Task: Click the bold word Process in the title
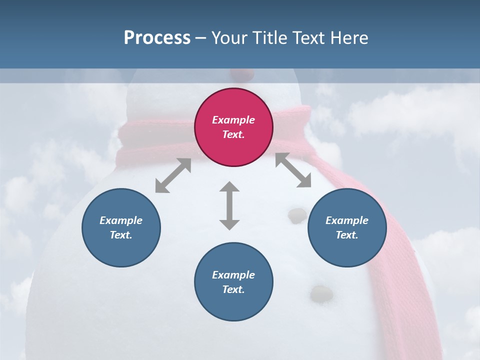pos(157,38)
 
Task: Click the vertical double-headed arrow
pos(229,206)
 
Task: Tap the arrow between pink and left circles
pos(173,175)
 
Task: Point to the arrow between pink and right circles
pos(293,170)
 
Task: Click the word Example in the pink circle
pos(233,120)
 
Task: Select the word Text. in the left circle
pos(121,235)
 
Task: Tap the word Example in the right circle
pos(347,220)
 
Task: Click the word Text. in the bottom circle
pos(233,289)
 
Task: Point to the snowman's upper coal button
pos(297,215)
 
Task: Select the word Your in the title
pos(228,38)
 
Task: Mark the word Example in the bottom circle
pos(233,275)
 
